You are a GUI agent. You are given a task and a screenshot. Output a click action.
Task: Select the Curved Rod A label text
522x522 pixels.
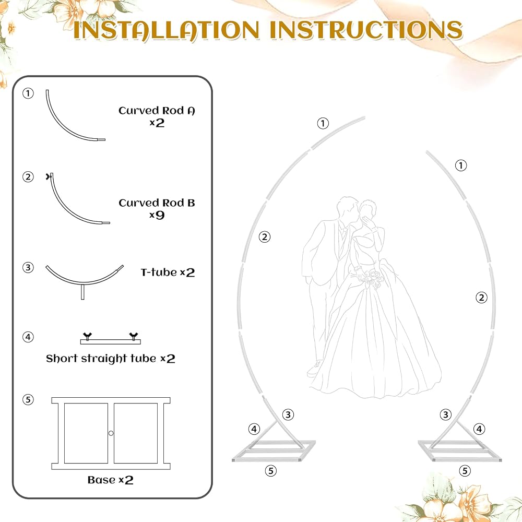pos(157,111)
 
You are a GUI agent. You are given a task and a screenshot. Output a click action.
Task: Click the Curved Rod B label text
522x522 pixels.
pos(157,203)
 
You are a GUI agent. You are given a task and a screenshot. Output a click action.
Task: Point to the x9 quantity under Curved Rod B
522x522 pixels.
pos(157,215)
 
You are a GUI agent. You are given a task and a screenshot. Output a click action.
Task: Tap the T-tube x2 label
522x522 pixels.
pos(168,272)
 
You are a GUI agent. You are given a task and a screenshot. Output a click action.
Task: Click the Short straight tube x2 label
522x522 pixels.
pos(111,359)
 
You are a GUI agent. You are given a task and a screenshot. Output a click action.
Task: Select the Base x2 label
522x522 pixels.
pos(111,480)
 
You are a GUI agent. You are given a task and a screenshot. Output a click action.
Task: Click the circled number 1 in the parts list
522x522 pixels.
pos(28,93)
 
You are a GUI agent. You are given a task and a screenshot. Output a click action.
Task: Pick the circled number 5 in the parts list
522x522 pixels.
pos(28,399)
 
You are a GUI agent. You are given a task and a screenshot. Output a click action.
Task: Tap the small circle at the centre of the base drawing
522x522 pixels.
pos(111,433)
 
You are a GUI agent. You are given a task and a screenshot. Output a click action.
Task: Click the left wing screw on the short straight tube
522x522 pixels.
pos(88,336)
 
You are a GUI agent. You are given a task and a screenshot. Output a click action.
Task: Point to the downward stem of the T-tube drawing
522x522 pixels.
pos(82,291)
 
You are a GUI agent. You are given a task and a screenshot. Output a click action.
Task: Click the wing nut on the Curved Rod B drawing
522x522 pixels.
pos(49,176)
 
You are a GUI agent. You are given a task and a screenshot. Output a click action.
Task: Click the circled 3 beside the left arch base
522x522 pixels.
pos(288,415)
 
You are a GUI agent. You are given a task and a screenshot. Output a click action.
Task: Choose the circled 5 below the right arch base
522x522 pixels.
pos(465,471)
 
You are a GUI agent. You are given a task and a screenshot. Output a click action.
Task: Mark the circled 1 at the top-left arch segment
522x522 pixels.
pos(323,124)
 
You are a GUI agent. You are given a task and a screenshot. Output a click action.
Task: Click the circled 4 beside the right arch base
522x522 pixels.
pos(479,429)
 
